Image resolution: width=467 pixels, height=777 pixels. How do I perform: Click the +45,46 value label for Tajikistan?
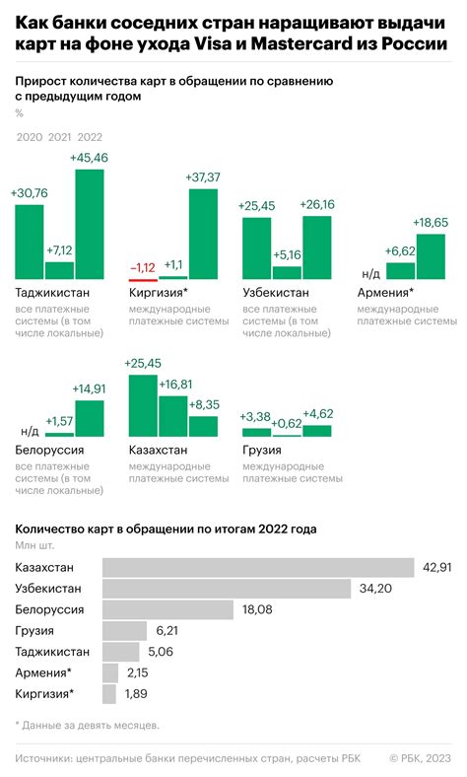pyautogui.click(x=90, y=158)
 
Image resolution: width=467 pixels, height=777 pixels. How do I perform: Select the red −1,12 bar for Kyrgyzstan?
pyautogui.click(x=144, y=277)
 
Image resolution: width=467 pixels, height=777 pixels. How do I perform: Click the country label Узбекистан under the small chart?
pyautogui.click(x=275, y=293)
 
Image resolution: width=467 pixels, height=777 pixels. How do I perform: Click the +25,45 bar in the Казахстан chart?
pyautogui.click(x=144, y=405)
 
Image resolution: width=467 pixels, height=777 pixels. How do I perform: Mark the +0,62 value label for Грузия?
pyautogui.click(x=287, y=423)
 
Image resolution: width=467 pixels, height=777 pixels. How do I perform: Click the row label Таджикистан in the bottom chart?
pyautogui.click(x=53, y=652)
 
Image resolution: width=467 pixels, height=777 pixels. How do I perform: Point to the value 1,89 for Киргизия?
pyautogui.click(x=138, y=694)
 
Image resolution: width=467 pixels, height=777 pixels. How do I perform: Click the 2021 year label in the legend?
pyautogui.click(x=59, y=137)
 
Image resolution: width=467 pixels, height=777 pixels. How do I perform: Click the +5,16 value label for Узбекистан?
pyautogui.click(x=287, y=254)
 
